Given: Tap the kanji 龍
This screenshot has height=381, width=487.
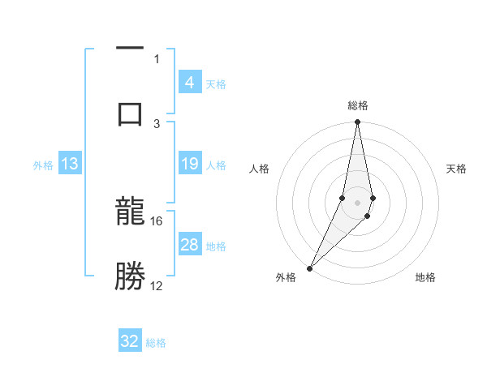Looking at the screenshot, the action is tap(130, 215).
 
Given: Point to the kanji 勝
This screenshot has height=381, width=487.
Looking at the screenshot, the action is tap(130, 276).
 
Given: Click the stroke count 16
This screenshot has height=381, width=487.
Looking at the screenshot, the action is tap(157, 220).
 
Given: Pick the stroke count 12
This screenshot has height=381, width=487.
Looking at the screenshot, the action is tap(157, 285).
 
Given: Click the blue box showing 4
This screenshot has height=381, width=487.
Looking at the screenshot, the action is tap(189, 82).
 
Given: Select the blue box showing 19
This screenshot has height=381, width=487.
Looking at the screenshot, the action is tap(189, 164).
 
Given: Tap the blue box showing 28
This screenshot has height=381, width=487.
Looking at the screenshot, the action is tap(189, 245).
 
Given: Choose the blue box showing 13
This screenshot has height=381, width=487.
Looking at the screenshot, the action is tap(70, 164).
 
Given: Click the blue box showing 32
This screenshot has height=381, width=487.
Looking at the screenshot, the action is tap(130, 341).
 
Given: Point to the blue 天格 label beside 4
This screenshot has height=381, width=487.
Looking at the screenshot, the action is tap(216, 83).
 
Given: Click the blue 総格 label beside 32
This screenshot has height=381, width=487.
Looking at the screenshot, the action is tap(156, 343).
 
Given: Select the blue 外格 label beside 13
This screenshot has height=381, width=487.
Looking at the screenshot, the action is tap(43, 165).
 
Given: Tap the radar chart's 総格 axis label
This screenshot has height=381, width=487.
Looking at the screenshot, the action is tap(358, 105).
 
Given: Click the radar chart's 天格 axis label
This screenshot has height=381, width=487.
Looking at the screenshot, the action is tap(457, 169).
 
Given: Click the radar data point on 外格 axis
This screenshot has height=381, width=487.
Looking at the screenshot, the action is tap(309, 268).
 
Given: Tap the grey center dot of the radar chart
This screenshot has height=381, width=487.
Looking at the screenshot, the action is tap(358, 202).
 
